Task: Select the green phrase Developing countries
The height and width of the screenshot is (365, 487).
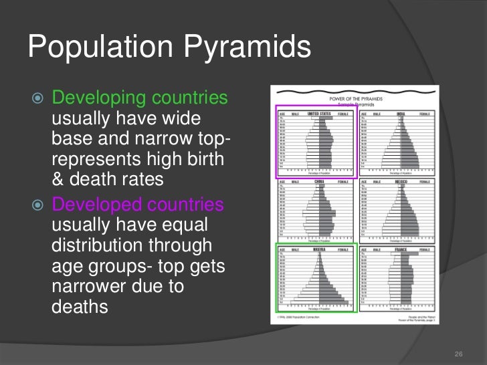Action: click(140, 98)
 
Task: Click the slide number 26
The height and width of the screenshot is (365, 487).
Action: click(458, 354)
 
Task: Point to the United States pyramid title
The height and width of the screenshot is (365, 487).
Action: click(318, 114)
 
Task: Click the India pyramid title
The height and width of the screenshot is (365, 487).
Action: click(400, 114)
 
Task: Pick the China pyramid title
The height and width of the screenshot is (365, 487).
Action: click(318, 181)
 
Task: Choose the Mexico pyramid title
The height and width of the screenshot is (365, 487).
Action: click(400, 181)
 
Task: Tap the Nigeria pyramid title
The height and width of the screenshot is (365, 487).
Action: click(318, 249)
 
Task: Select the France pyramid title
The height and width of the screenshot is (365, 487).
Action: click(400, 249)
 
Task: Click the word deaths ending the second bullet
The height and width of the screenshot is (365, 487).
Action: click(80, 308)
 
